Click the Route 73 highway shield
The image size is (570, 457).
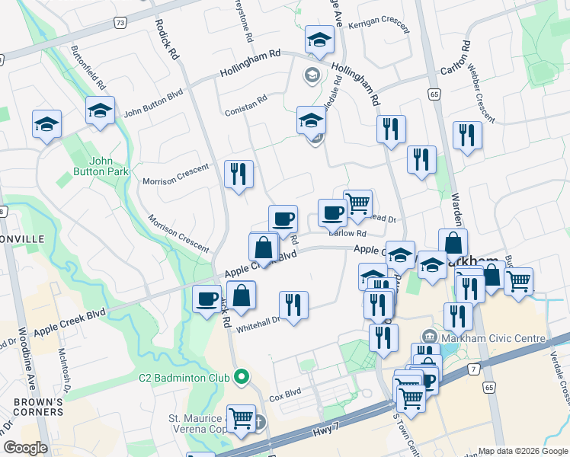[x=120, y=24]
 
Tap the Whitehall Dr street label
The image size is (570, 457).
[x=258, y=324]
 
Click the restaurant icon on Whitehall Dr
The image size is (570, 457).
[x=293, y=305]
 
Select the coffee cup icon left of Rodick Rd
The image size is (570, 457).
[x=207, y=299]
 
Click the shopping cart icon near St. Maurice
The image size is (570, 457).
[x=242, y=417]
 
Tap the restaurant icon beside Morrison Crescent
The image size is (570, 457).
[x=239, y=174]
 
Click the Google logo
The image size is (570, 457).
[x=26, y=447]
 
